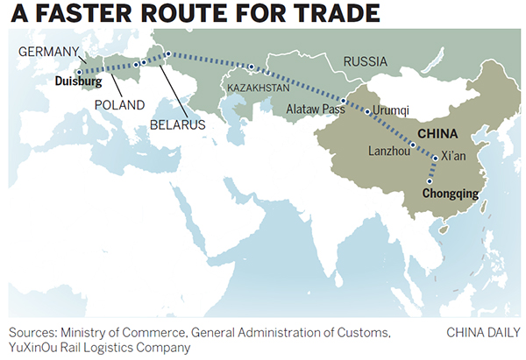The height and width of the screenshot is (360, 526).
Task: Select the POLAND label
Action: pos(118,104)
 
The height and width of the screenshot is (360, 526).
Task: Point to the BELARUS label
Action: pos(176,125)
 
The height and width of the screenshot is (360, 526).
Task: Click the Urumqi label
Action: pos(391,111)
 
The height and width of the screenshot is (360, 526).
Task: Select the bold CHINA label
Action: pos(436,134)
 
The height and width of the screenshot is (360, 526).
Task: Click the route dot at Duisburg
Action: pos(78,73)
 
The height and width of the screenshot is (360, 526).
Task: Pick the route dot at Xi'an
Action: pos(436,158)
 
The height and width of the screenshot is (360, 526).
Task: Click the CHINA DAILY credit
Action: pos(482,332)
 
